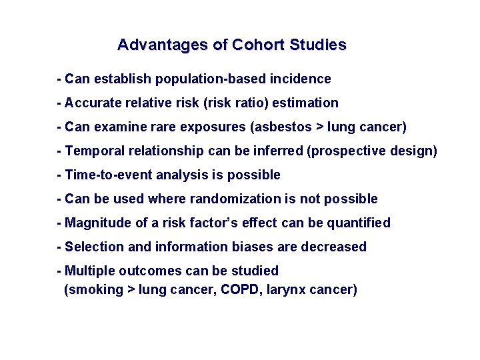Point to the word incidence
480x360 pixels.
click(300, 79)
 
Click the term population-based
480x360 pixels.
click(211, 79)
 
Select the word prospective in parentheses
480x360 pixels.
click(345, 151)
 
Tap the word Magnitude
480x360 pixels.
click(97, 223)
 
